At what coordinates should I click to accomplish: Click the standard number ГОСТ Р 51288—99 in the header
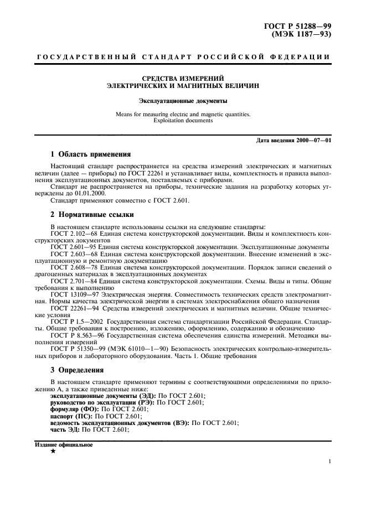[300, 25]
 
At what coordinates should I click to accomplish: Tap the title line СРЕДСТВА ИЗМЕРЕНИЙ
[183, 80]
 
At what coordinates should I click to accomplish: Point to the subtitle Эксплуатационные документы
[183, 101]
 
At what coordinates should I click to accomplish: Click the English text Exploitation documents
[183, 120]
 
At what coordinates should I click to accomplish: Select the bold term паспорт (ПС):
[71, 415]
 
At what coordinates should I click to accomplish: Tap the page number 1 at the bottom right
[329, 462]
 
